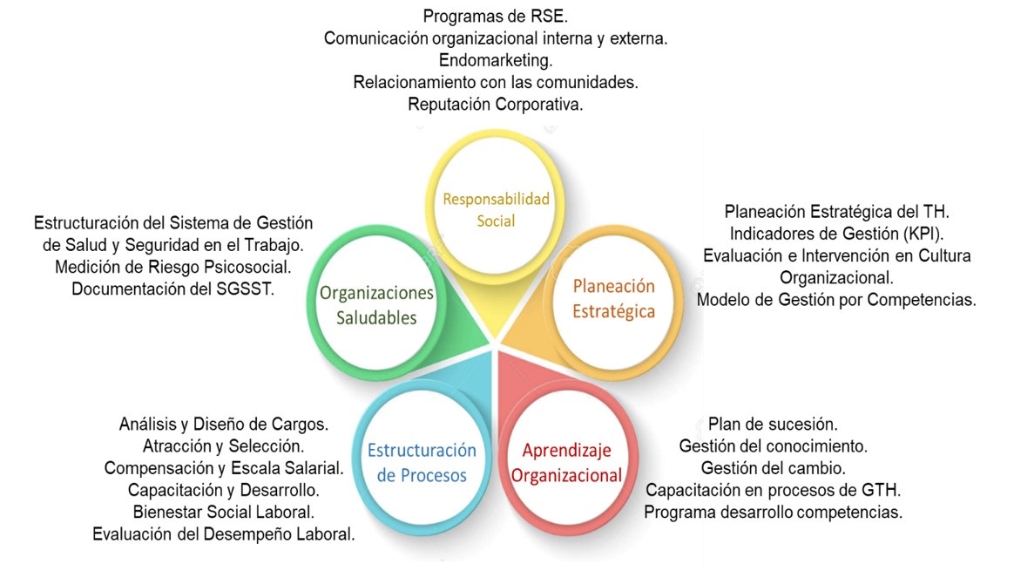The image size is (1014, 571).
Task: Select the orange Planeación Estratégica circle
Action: tap(613, 299)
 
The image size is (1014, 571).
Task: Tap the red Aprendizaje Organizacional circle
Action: tap(566, 463)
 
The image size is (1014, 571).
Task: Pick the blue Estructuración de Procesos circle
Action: tap(422, 463)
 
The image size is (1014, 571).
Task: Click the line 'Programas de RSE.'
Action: tap(496, 17)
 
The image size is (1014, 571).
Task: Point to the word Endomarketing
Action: tap(496, 60)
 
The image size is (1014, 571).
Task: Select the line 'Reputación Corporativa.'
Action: tap(496, 105)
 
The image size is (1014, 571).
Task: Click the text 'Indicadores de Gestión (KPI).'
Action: tap(836, 234)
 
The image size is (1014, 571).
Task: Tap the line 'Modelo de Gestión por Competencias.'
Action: tap(836, 300)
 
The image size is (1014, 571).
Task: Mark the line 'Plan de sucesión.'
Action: tap(773, 425)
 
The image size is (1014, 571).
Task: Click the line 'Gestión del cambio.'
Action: tap(773, 468)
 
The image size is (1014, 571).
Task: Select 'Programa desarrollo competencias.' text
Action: tap(773, 512)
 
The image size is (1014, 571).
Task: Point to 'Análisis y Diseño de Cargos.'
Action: tap(223, 425)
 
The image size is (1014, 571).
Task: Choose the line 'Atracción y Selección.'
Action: tap(223, 446)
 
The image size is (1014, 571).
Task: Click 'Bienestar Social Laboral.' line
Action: tap(223, 512)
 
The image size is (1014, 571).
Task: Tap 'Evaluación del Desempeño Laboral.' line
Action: tap(223, 534)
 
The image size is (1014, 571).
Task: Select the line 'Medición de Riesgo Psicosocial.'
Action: tap(172, 267)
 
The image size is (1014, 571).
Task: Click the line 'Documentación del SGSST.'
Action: tap(172, 289)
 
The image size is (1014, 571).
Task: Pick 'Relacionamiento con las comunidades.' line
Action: tap(496, 82)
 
